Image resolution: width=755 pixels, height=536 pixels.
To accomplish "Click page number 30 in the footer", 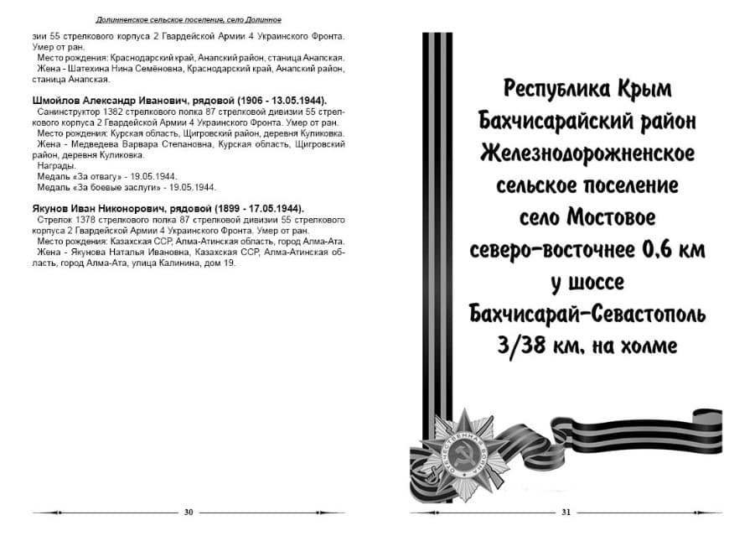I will point(189,512).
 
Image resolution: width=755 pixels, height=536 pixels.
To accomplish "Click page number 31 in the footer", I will point(566,512).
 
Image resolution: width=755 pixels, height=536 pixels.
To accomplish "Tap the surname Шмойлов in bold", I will point(59,100).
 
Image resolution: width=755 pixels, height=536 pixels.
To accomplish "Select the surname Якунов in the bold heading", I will point(54,209).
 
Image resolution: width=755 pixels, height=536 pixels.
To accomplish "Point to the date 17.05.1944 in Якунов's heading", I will point(275,209).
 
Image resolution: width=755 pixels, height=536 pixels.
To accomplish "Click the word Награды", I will point(56,166).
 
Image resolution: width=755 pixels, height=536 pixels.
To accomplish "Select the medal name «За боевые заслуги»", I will point(116,188).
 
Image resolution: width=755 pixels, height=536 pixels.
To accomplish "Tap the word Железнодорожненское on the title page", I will point(587,154).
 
